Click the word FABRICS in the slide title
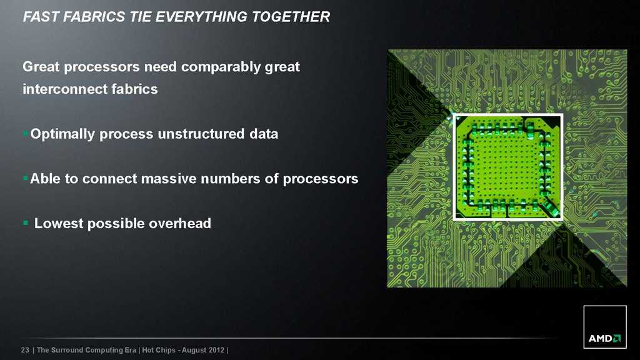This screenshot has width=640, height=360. click(x=94, y=17)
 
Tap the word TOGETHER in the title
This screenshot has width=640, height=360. click(x=291, y=17)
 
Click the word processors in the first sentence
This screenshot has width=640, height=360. click(x=102, y=67)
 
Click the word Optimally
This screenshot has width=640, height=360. click(x=62, y=134)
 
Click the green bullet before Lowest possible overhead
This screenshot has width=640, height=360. click(x=26, y=223)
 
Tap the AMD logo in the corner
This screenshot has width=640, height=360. click(x=605, y=327)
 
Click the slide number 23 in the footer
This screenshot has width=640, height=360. click(x=25, y=350)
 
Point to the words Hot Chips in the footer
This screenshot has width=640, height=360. click(x=159, y=350)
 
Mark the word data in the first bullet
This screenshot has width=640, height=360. click(x=264, y=134)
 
